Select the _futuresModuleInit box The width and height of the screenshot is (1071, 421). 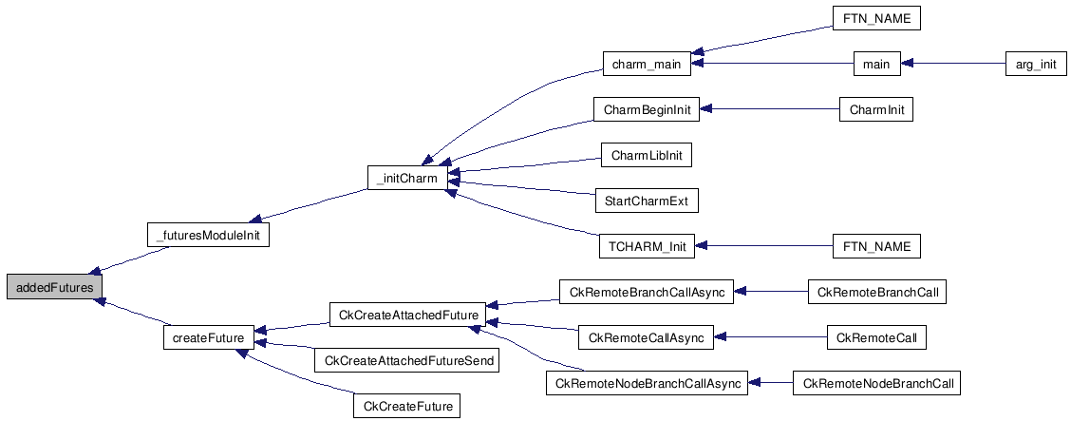207,234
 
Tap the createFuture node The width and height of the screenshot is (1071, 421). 208,337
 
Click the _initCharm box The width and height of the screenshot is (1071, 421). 407,178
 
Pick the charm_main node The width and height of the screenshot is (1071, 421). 647,65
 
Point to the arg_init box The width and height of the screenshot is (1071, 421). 1036,65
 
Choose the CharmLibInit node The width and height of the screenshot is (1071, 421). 646,155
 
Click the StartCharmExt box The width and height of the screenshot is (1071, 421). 645,201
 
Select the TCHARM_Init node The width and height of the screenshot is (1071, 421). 646,247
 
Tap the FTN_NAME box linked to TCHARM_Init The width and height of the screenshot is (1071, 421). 875,247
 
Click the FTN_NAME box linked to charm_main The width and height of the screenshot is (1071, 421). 875,19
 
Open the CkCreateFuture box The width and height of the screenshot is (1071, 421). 406,407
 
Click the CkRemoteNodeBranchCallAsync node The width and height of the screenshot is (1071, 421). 646,384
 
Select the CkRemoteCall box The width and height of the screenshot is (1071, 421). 875,337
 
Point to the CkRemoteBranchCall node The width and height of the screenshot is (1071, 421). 876,292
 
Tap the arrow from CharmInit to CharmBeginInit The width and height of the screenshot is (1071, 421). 769,109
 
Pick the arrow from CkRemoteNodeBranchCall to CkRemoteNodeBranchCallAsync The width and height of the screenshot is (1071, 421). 770,384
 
